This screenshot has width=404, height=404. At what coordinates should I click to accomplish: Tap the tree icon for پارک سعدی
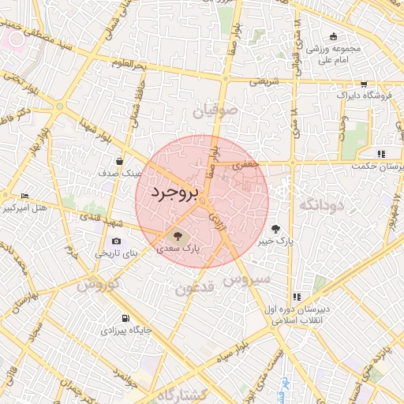pos(176,234)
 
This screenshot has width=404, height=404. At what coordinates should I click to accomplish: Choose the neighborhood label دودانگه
pos(319,205)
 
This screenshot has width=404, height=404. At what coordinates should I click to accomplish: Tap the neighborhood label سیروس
pos(247,279)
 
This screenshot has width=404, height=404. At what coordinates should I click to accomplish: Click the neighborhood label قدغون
pos(194,289)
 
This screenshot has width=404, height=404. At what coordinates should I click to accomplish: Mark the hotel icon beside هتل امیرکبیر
pos(24,196)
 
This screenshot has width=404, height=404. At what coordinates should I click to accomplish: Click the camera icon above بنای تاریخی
pos(117,241)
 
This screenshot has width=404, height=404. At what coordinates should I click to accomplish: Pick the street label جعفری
pos(245,164)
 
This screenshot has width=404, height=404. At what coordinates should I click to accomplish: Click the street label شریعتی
pos(264,80)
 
